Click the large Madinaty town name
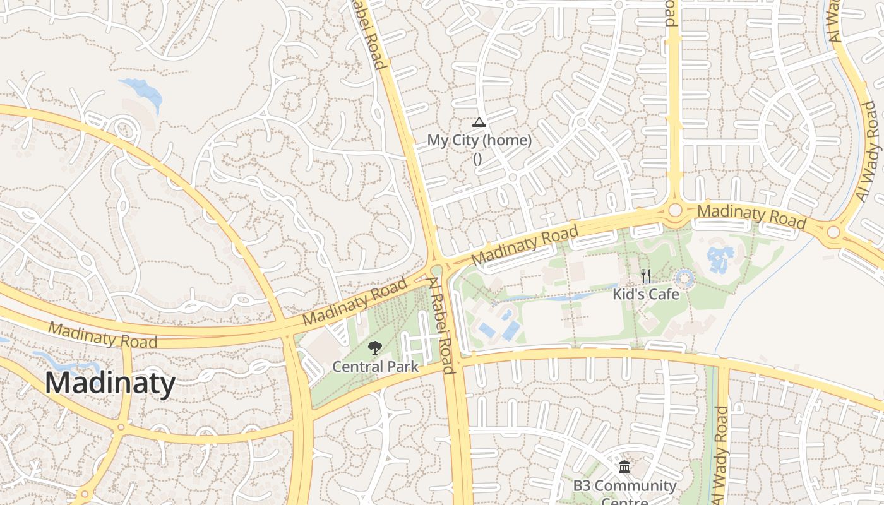pyautogui.click(x=110, y=383)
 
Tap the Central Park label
pyautogui.click(x=376, y=367)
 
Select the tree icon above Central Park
pyautogui.click(x=375, y=348)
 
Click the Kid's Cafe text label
pyautogui.click(x=646, y=294)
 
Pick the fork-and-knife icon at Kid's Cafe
pyautogui.click(x=645, y=276)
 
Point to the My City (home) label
pyautogui.click(x=479, y=140)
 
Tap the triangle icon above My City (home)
pyautogui.click(x=479, y=122)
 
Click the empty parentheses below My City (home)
pyautogui.click(x=477, y=159)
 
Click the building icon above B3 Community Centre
pyautogui.click(x=624, y=467)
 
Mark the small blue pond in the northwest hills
pyautogui.click(x=142, y=90)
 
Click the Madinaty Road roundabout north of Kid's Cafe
pyautogui.click(x=675, y=210)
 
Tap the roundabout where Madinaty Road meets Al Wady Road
pyautogui.click(x=833, y=232)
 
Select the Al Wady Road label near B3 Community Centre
pyautogui.click(x=722, y=455)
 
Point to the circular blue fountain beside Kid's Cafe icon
pyautogui.click(x=684, y=278)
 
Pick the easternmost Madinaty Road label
pyautogui.click(x=751, y=216)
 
